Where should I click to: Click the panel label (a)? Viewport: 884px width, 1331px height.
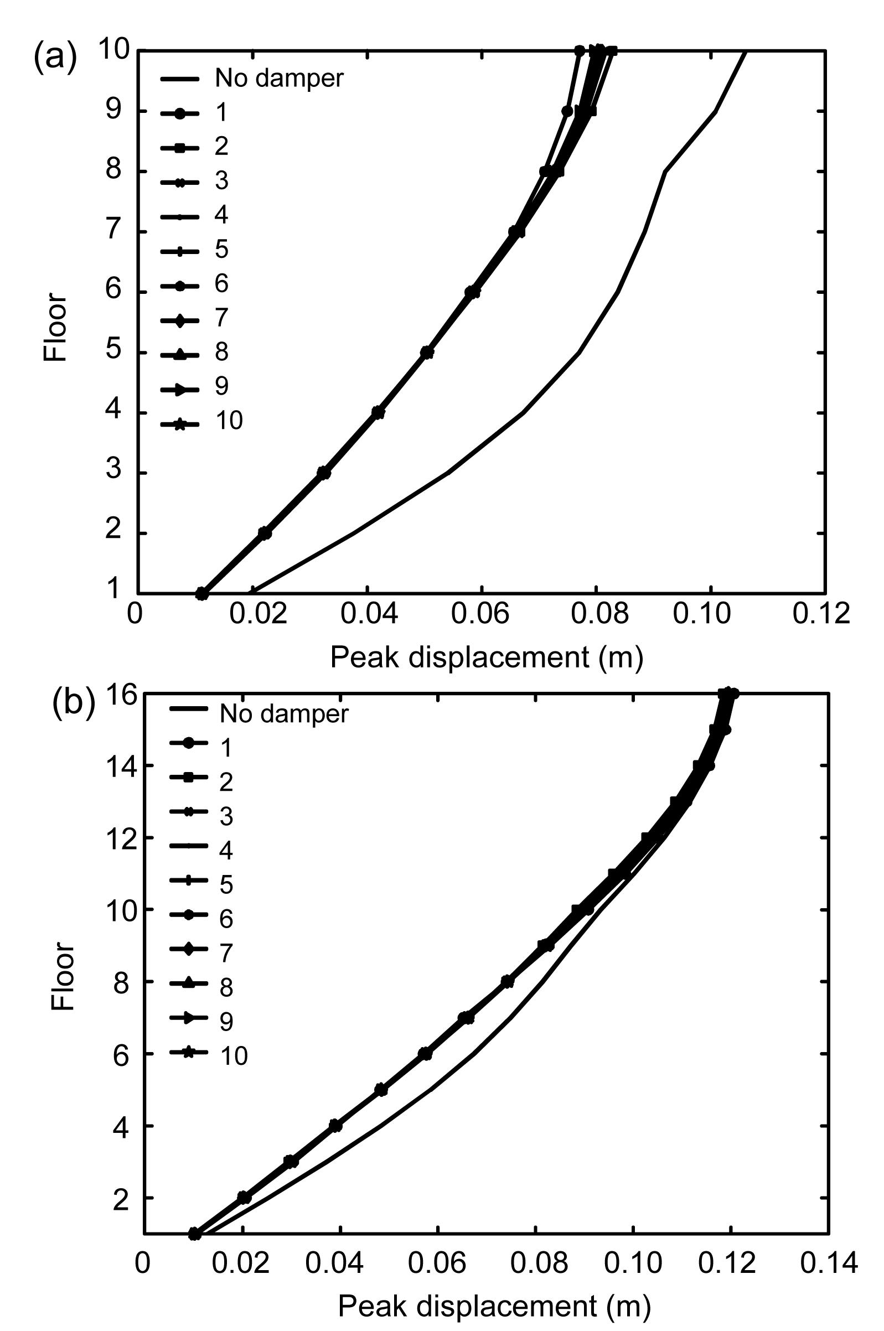click(x=55, y=58)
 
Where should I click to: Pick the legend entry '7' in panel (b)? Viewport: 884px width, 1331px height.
click(x=225, y=952)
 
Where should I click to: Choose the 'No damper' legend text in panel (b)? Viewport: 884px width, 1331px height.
click(x=284, y=714)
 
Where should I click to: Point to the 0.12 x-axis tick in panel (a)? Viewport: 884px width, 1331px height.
click(x=821, y=614)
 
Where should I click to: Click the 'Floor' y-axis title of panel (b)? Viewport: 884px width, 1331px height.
click(x=63, y=967)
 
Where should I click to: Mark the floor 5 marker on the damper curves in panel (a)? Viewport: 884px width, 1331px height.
click(x=427, y=353)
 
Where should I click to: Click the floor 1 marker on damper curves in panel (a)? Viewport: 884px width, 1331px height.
click(x=201, y=593)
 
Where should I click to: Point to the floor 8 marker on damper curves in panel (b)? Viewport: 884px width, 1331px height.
click(x=508, y=981)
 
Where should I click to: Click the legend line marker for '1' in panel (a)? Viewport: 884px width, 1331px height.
click(x=179, y=113)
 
